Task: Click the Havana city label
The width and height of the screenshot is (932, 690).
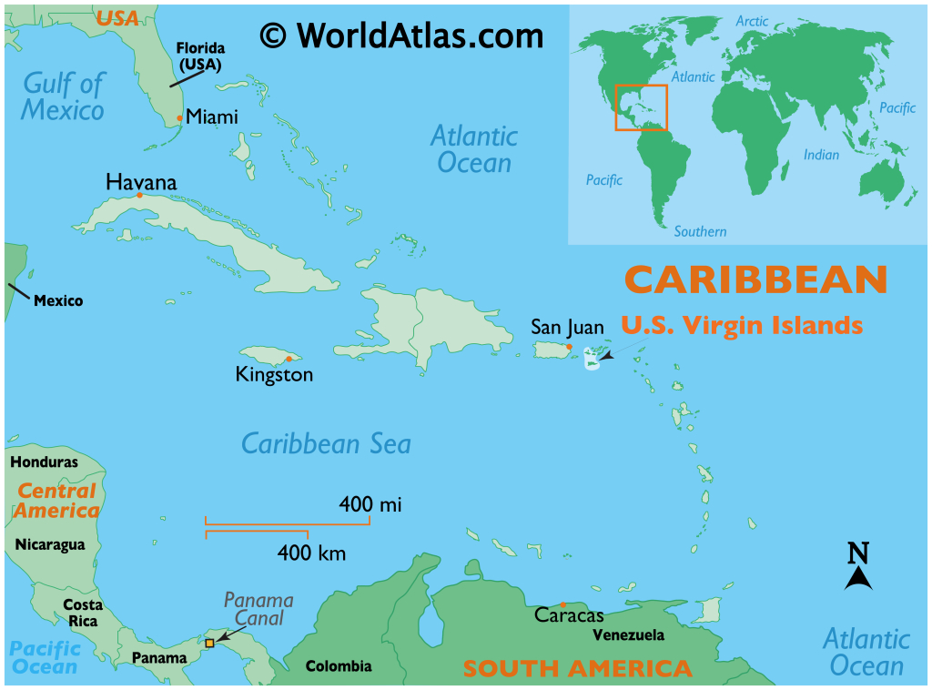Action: pyautogui.click(x=141, y=181)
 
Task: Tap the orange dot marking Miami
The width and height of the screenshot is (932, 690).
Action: pyautogui.click(x=180, y=117)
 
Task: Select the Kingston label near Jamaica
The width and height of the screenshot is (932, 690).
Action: pyautogui.click(x=274, y=374)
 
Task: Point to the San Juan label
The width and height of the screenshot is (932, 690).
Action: pyautogui.click(x=567, y=328)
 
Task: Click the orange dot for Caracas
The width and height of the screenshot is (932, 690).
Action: pyautogui.click(x=563, y=604)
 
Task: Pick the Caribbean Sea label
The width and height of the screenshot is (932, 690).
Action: pyautogui.click(x=326, y=444)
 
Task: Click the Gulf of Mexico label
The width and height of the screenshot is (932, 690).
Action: pyautogui.click(x=64, y=97)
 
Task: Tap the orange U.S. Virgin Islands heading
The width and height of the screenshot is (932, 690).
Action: pyautogui.click(x=742, y=324)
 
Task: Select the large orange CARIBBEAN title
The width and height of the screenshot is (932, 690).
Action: pyautogui.click(x=755, y=279)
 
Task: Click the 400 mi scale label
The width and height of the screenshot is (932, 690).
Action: pyautogui.click(x=370, y=503)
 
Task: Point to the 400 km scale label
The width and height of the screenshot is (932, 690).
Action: pyautogui.click(x=311, y=553)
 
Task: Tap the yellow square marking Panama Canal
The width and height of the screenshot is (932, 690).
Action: pyautogui.click(x=209, y=643)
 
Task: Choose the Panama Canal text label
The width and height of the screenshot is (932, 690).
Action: pyautogui.click(x=258, y=609)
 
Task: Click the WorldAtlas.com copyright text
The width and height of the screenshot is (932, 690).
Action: pyautogui.click(x=401, y=36)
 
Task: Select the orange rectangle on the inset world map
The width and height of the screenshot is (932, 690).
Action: pyautogui.click(x=641, y=107)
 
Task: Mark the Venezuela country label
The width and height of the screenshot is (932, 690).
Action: pyautogui.click(x=628, y=635)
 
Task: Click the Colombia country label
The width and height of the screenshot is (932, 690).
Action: pyautogui.click(x=339, y=666)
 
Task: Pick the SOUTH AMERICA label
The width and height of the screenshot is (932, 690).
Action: pyautogui.click(x=577, y=669)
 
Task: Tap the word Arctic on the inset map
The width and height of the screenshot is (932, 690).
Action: pyautogui.click(x=752, y=21)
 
